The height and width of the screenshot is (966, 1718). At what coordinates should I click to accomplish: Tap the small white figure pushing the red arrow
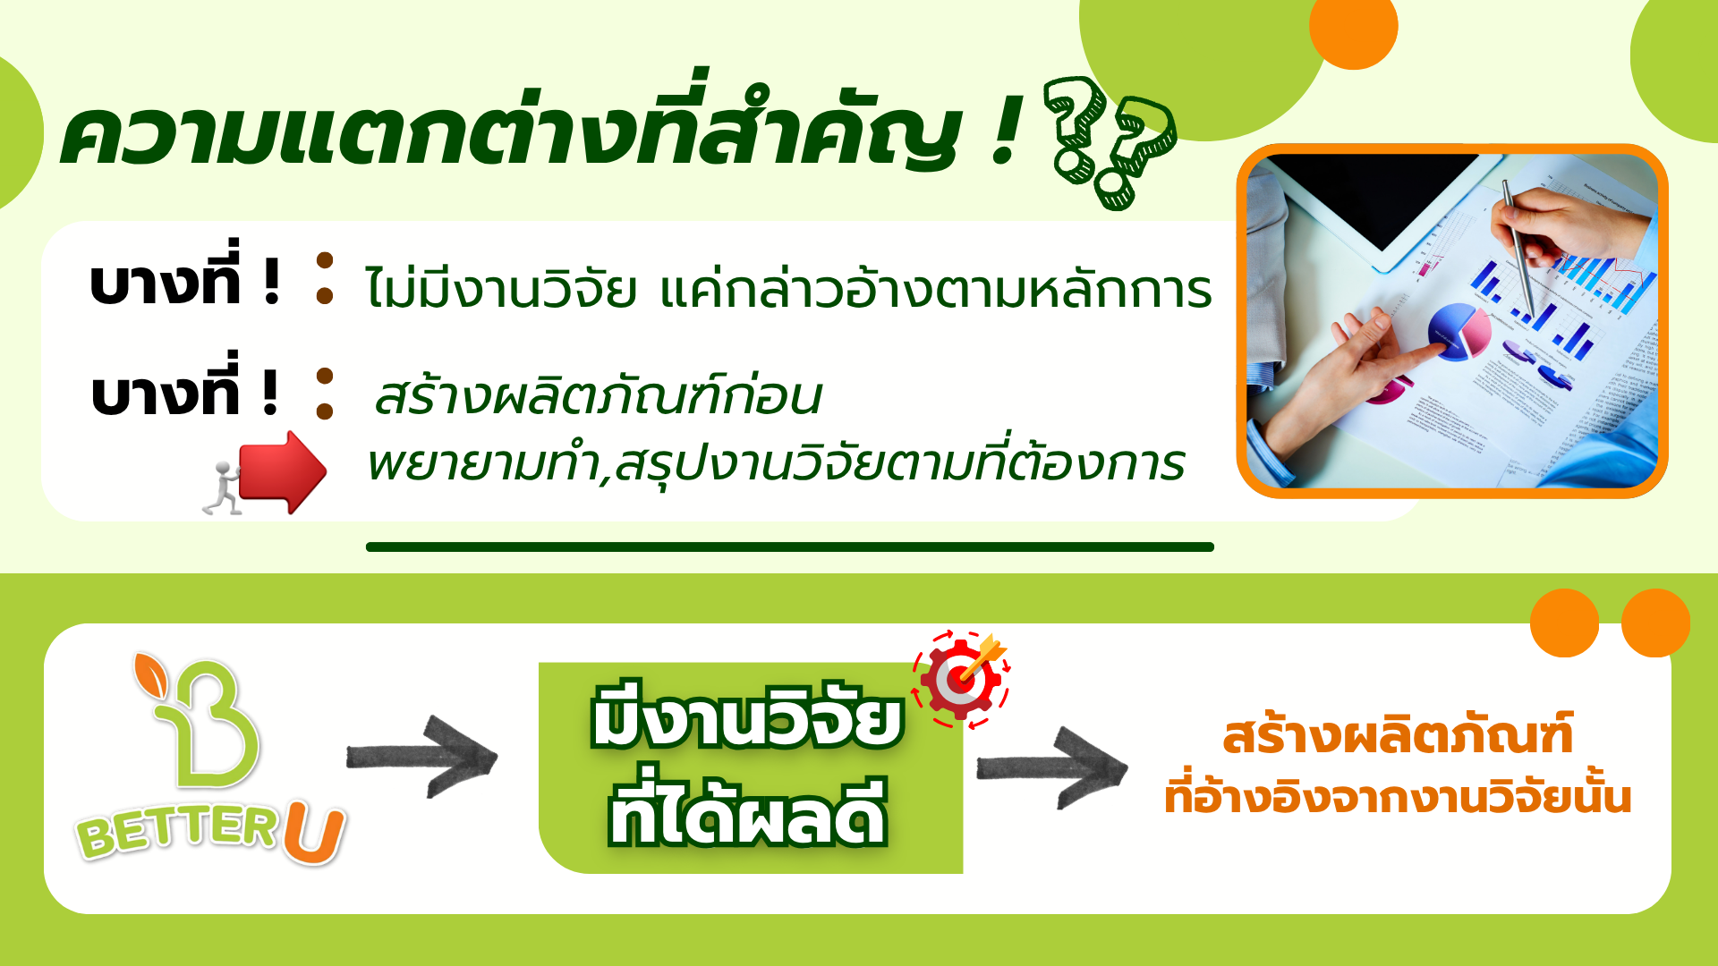point(222,488)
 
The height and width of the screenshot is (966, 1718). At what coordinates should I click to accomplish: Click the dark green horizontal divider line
point(790,547)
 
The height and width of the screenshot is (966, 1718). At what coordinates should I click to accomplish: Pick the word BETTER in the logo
point(177,832)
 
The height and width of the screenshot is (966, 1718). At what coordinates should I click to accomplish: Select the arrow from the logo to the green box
point(421,757)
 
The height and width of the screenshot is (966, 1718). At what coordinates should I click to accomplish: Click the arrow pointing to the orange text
point(1052,767)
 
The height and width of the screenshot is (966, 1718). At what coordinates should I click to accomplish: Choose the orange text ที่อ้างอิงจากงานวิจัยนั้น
point(1398,796)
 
